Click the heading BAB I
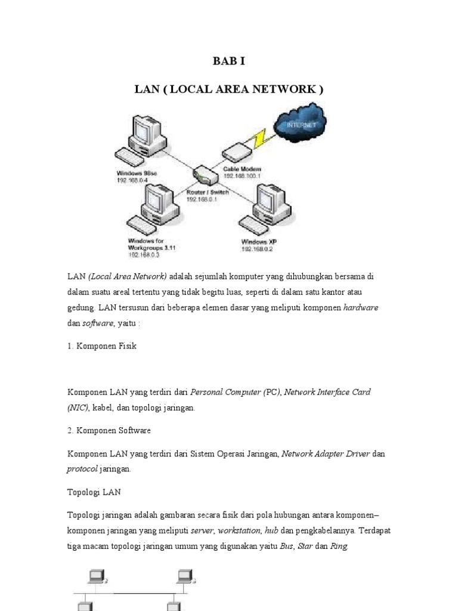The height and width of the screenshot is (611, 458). (229, 61)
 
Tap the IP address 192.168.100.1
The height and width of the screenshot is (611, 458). (243, 176)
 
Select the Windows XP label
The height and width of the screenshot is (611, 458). (259, 242)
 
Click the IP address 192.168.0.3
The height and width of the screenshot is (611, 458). (143, 255)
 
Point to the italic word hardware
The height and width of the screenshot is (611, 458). (363, 308)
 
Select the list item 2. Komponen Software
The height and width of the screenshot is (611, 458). (109, 430)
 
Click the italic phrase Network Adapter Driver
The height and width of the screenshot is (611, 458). (326, 454)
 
